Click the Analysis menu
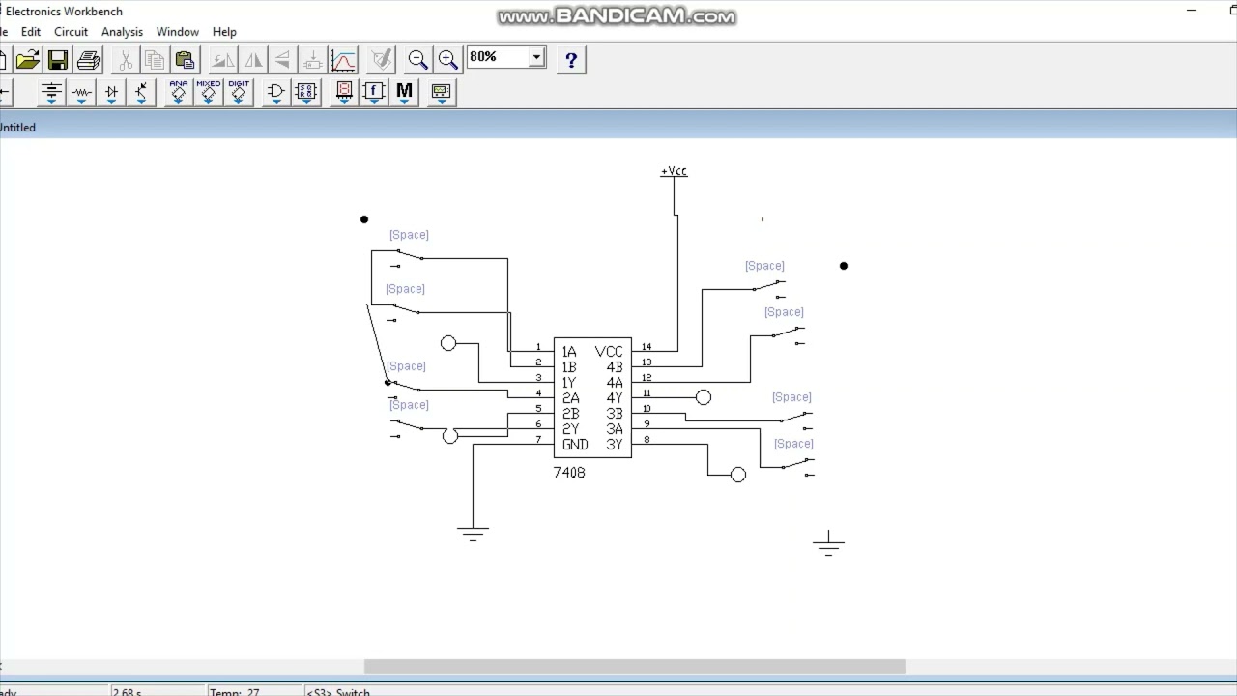point(122,32)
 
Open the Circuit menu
point(71,32)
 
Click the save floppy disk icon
point(58,60)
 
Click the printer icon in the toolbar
point(88,60)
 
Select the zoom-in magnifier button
point(447,60)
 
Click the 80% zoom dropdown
point(506,58)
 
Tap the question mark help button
point(571,60)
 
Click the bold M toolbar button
point(404,92)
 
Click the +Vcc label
point(674,171)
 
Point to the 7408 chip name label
point(568,473)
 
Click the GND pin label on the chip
point(575,445)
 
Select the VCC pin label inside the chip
point(609,352)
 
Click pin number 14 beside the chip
point(647,347)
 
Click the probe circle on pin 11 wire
point(704,397)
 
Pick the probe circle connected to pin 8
point(738,475)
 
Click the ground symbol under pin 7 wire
point(473,533)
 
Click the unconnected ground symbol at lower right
point(828,545)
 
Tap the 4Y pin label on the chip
point(615,398)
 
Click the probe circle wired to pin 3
point(448,343)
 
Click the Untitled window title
point(17,128)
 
